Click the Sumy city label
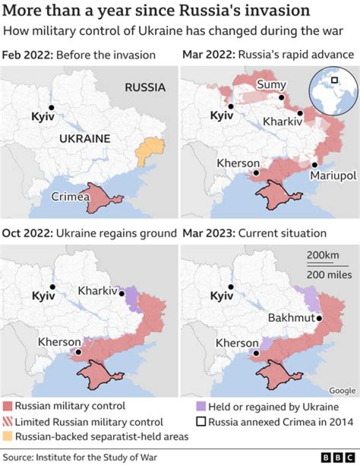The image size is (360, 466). tap(271, 85)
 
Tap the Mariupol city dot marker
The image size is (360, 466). tap(315, 165)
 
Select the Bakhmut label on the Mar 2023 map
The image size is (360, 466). tap(291, 318)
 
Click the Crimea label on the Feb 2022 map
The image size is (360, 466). tap(70, 197)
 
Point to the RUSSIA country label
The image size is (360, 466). tap(145, 88)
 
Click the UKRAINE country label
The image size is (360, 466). tap(84, 139)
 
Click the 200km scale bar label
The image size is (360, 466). tap(322, 256)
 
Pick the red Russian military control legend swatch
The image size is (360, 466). tap(7, 406)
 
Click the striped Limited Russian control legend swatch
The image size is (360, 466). tap(7, 422)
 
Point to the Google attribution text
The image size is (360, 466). tap(342, 390)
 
